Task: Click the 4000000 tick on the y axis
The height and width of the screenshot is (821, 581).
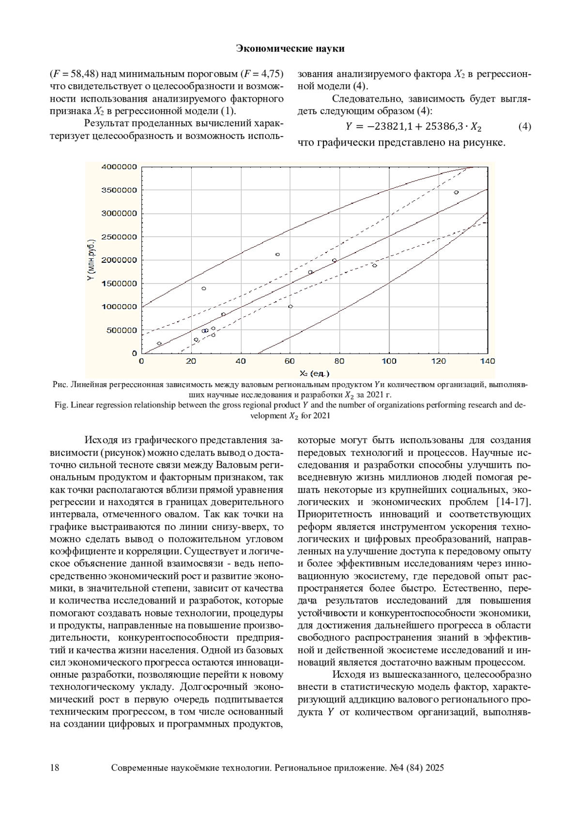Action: click(119, 167)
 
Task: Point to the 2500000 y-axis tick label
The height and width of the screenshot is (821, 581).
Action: click(119, 237)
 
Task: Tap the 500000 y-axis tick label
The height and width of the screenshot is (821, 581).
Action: click(121, 330)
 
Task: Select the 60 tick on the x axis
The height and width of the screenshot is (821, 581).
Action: click(290, 361)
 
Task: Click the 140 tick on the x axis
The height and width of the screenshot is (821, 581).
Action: click(488, 361)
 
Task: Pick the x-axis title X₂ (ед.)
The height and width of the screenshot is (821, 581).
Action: click(314, 373)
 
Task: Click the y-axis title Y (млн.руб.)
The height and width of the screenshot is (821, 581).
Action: click(92, 260)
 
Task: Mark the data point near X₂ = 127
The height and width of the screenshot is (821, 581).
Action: click(456, 193)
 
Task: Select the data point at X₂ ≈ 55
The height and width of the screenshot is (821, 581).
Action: click(277, 254)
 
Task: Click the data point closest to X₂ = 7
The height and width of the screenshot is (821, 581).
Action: click(159, 343)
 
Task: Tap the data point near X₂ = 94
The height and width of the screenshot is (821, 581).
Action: click(374, 265)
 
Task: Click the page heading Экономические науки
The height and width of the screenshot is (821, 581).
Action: click(290, 48)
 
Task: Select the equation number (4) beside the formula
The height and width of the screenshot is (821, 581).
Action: click(524, 127)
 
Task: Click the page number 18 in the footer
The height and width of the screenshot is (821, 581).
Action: click(55, 768)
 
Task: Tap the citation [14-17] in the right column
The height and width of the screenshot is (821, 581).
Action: click(513, 501)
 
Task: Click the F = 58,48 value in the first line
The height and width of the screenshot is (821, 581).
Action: click(74, 74)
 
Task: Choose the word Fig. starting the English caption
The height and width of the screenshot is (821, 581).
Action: click(61, 405)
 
